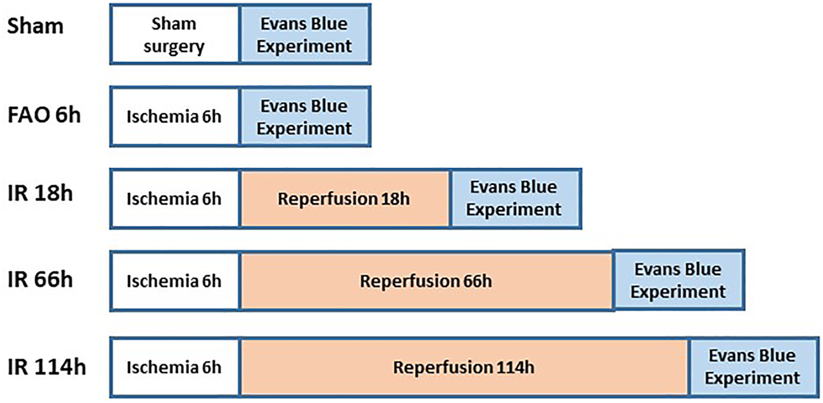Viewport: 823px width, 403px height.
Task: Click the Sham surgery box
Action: (175, 35)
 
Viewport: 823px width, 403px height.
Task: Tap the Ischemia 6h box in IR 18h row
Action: (175, 198)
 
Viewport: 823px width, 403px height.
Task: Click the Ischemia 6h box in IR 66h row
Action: (175, 281)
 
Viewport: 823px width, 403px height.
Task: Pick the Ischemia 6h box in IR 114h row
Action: (175, 368)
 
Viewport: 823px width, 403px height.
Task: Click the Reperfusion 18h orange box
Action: (345, 198)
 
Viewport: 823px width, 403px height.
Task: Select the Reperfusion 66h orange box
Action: (427, 281)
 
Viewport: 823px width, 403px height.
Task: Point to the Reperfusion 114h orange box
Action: (464, 368)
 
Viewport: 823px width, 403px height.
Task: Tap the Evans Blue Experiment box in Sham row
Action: (305, 35)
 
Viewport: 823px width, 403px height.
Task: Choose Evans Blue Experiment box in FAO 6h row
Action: (305, 117)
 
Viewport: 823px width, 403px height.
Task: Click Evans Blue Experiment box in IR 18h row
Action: (516, 198)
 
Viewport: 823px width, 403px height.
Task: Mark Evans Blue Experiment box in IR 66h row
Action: (678, 280)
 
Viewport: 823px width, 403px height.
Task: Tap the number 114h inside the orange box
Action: (514, 368)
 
